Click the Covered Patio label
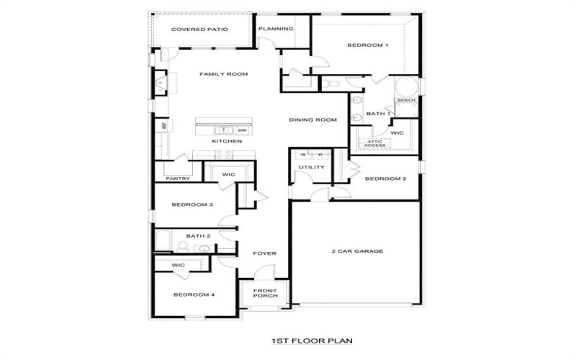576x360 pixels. coord(199,30)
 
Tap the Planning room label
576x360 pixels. coord(276,29)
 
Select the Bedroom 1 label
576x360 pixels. coord(367,45)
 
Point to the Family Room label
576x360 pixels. coord(223,74)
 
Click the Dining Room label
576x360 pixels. coord(313,120)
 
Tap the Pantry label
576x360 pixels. coord(176,179)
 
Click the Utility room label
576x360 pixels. coord(312,168)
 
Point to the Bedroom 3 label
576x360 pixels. coord(192,204)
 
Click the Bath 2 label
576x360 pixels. coord(198,235)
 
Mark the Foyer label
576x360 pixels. coord(264,253)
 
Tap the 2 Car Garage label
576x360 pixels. coord(356,251)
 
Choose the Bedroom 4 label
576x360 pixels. coord(194,294)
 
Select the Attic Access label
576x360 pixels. coord(375,143)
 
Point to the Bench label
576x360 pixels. coord(406,100)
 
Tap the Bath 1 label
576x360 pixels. coord(378,114)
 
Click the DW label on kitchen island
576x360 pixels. coord(242,130)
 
